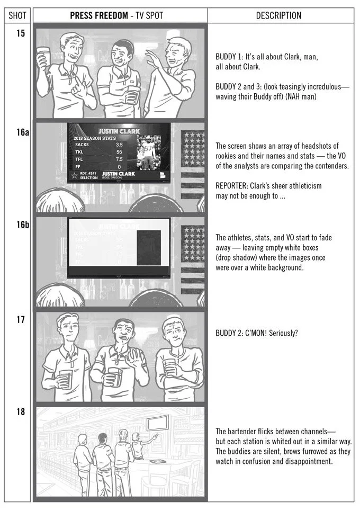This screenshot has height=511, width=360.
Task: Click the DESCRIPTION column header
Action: point(278,16)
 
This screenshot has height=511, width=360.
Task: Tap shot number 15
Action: point(21,34)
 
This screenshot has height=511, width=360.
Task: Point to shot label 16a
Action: point(22,132)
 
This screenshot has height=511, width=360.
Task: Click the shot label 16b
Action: point(22,225)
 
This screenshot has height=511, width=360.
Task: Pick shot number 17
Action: point(21,320)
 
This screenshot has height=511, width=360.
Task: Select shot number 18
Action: point(21,412)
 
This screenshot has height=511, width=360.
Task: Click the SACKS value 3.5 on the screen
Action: point(119,144)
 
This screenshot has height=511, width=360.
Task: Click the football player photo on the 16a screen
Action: point(148,154)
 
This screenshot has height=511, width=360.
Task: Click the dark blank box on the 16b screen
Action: point(149,247)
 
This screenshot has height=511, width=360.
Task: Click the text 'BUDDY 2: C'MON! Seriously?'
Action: point(257,333)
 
